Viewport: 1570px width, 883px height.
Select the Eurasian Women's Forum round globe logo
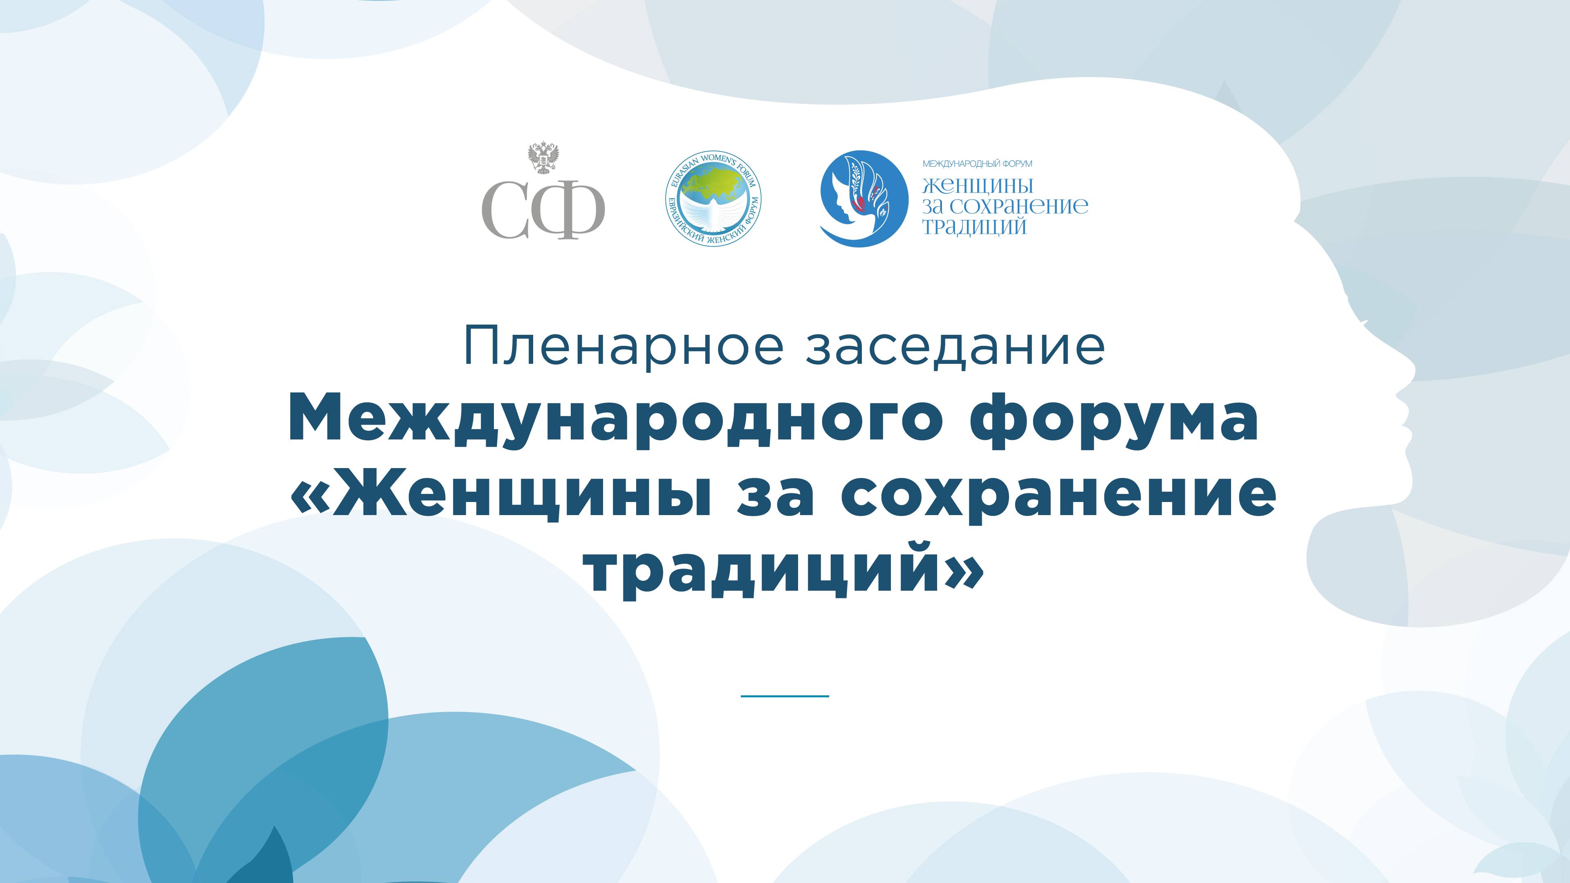(x=714, y=199)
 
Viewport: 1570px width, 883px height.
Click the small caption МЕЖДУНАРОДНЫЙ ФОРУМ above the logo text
(x=978, y=164)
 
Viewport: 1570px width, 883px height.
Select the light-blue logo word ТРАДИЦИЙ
(x=974, y=227)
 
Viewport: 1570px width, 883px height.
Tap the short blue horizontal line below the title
(x=785, y=695)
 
